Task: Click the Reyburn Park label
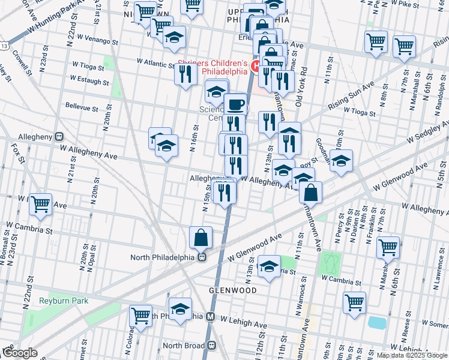pyautogui.click(x=64, y=300)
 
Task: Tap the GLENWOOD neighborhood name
pyautogui.click(x=234, y=290)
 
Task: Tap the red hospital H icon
pyautogui.click(x=255, y=65)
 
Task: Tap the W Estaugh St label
pyautogui.click(x=90, y=79)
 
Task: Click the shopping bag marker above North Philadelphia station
pyautogui.click(x=200, y=238)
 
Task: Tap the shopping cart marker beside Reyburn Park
pyautogui.click(x=140, y=314)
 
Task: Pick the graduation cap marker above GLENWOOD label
pyautogui.click(x=270, y=266)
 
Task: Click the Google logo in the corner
pyautogui.click(x=19, y=353)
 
